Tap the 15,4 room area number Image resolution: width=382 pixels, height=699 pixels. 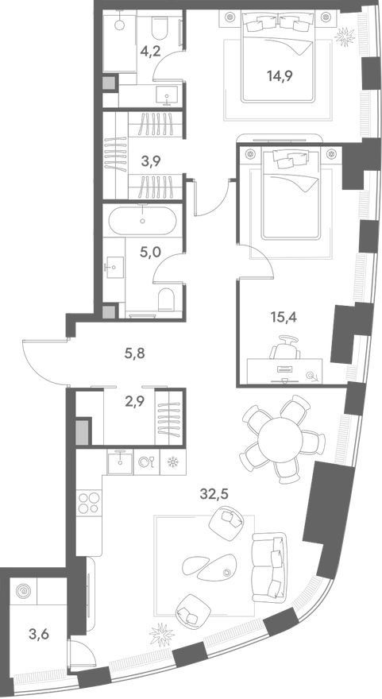(284, 318)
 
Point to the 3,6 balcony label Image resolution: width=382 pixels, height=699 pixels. (37, 633)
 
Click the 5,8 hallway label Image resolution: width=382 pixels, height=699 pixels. (136, 354)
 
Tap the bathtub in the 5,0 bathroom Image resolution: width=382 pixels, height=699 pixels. (142, 220)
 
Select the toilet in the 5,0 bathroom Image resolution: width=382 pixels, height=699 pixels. (167, 299)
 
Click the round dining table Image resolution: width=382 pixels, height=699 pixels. (279, 439)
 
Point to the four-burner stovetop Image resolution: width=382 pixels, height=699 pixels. (89, 502)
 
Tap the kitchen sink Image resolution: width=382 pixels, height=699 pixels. (119, 461)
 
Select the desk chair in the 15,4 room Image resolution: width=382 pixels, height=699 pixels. (285, 346)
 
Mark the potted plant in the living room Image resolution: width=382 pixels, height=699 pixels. (161, 635)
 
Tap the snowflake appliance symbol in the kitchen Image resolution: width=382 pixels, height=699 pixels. (172, 461)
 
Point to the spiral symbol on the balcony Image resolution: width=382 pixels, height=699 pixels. (22, 591)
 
